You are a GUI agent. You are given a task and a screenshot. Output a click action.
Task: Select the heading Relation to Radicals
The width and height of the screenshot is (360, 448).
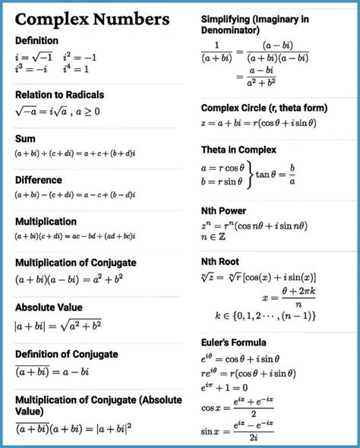point(59,95)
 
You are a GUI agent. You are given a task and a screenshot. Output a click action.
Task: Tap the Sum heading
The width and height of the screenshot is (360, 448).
point(25,139)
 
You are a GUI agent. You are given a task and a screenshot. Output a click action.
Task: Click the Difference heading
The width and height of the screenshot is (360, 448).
point(38,180)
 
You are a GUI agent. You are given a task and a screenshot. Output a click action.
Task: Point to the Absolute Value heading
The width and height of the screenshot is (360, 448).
point(49,308)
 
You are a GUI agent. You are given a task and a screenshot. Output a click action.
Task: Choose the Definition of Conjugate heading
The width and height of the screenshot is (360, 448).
point(66,355)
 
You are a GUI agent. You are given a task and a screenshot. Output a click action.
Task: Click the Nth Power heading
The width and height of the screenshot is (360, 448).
point(223,210)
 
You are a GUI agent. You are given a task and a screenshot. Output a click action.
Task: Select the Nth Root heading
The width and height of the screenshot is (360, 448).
point(220,261)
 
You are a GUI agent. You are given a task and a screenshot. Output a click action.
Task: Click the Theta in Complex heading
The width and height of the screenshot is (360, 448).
point(238,150)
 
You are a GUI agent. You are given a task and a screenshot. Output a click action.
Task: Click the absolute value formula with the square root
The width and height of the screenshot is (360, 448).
point(58,327)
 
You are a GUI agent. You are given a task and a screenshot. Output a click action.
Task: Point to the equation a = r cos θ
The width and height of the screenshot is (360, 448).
point(222,167)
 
